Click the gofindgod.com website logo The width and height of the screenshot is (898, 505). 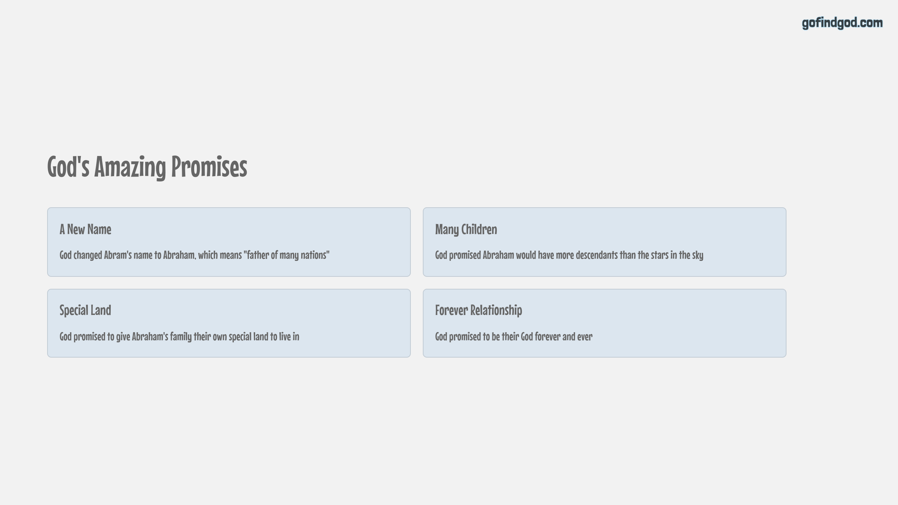tap(842, 23)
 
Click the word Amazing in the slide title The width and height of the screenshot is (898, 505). tap(130, 167)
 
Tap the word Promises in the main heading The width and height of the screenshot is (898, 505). tap(209, 167)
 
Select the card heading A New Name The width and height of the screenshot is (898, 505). tap(86, 229)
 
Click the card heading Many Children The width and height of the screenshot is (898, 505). tap(466, 229)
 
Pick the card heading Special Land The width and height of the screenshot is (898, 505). tap(86, 310)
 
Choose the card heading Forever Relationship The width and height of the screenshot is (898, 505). tap(478, 310)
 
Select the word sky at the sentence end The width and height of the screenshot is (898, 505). tap(698, 256)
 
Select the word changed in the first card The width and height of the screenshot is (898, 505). tap(88, 255)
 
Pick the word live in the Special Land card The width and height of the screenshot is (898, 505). tap(285, 337)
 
